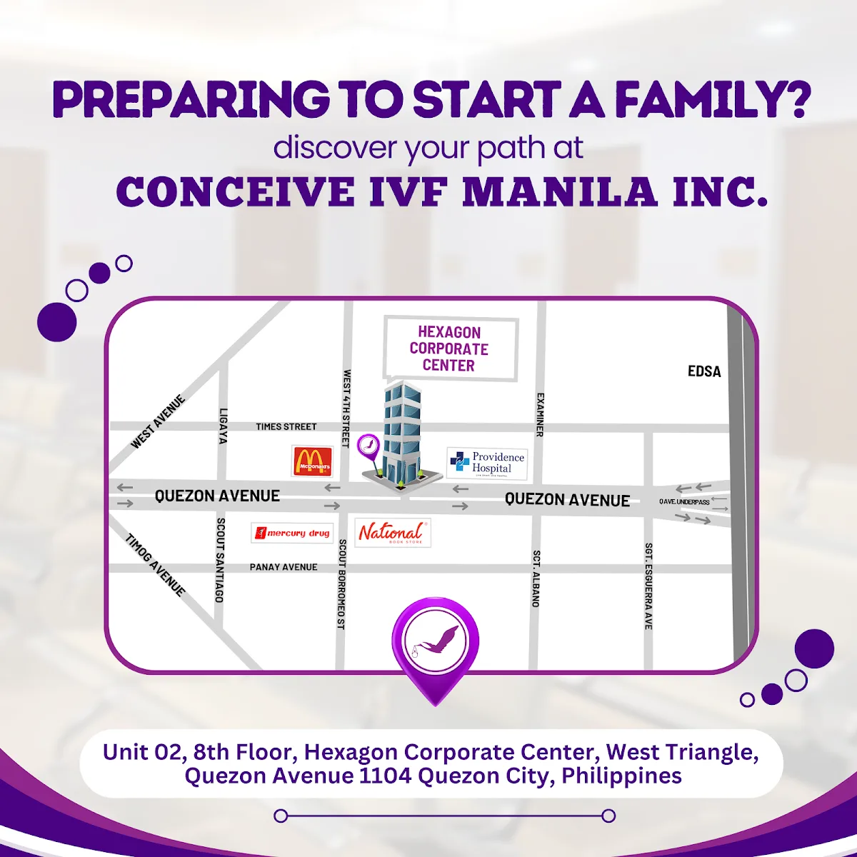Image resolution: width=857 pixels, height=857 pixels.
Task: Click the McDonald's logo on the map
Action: coord(312,461)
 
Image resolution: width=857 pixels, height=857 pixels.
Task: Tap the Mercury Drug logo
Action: coord(293,533)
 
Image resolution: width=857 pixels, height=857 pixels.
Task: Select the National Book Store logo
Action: coord(392,533)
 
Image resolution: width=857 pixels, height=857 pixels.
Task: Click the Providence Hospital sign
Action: coord(488,463)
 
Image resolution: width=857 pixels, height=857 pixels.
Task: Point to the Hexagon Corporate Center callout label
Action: coord(449,349)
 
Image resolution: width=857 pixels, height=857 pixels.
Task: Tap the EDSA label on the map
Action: coord(704,371)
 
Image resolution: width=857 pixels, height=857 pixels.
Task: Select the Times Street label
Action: coord(286,426)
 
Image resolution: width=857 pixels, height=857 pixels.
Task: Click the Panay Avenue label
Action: coord(284,567)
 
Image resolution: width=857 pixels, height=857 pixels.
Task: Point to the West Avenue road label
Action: coord(158,421)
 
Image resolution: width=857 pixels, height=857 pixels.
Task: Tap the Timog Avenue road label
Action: coord(156,565)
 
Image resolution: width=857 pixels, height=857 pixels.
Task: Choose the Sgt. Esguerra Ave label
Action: coord(648,586)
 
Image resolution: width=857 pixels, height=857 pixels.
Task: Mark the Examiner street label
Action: coord(541,414)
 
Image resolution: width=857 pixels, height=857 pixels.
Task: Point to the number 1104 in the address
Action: coord(385,776)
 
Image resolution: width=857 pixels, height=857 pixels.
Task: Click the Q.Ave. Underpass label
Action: coord(684,502)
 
